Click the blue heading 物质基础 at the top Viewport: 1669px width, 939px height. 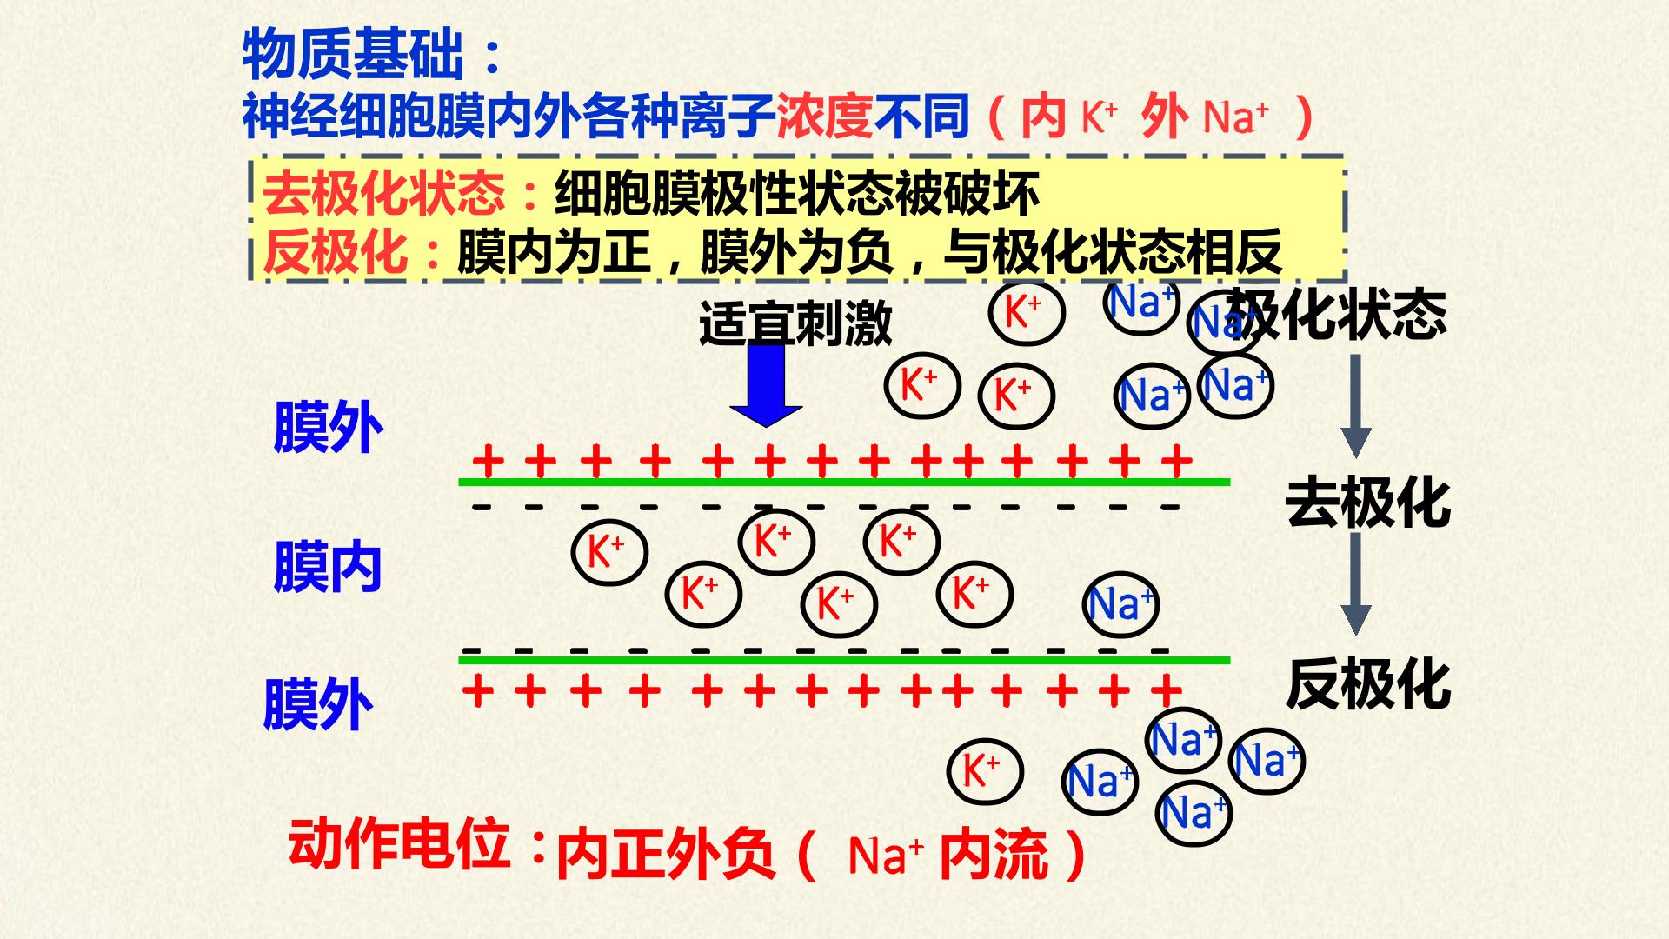(353, 54)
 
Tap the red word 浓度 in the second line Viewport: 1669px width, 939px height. (824, 116)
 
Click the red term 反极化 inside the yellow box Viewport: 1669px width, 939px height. (335, 251)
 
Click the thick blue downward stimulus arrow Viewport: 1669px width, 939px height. (765, 386)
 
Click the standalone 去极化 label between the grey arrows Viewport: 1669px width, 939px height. (1367, 503)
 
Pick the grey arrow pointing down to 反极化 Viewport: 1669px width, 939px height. (1356, 584)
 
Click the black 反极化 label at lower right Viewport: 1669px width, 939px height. (1367, 684)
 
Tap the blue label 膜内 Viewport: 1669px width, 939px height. (328, 567)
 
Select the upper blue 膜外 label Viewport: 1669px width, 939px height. (328, 427)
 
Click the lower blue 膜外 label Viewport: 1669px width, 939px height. (318, 705)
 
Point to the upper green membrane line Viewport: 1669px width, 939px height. (844, 481)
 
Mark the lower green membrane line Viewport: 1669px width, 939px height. (844, 660)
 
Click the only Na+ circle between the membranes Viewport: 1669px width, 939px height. (1122, 603)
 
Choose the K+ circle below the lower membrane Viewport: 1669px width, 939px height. (984, 771)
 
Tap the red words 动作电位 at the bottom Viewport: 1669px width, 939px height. (399, 842)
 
